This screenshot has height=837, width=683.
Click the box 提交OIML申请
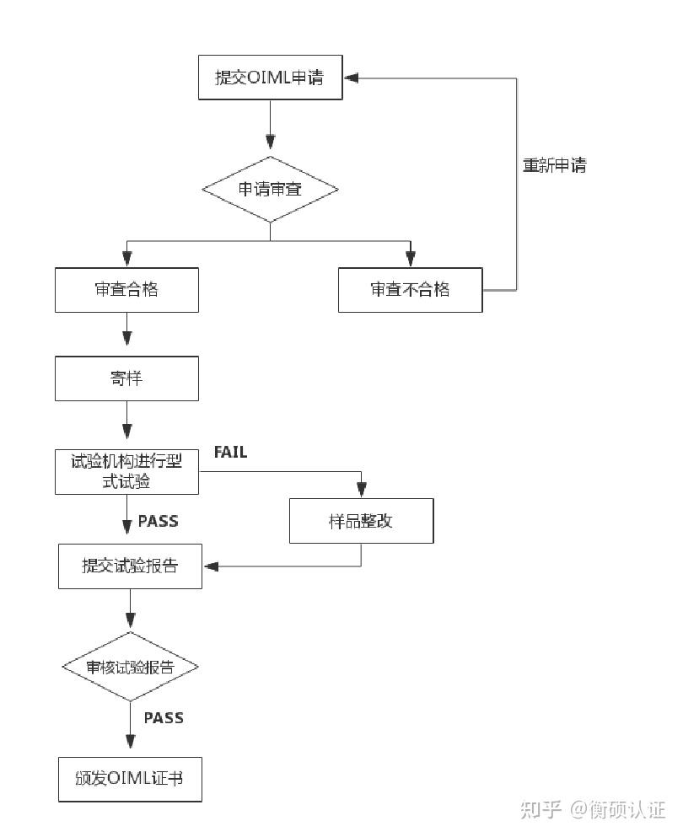(270, 78)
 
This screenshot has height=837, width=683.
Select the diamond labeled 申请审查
(270, 190)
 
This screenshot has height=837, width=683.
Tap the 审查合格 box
(126, 290)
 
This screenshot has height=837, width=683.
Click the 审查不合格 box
(410, 290)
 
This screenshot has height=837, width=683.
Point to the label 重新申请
(554, 166)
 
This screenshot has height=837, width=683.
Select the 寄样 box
(126, 378)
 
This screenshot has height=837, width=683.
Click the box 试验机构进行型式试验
(126, 472)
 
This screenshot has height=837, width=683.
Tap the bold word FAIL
(230, 453)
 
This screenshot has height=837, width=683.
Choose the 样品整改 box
(361, 521)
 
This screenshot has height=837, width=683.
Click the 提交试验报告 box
(130, 566)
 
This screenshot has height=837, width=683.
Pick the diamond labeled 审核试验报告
(130, 667)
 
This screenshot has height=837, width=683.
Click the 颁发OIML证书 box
(130, 779)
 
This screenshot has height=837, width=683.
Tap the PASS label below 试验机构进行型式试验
(158, 521)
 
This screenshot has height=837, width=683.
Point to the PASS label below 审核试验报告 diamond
(163, 718)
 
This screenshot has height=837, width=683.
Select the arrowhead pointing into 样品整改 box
(362, 491)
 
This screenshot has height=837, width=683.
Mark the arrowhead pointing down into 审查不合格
(410, 259)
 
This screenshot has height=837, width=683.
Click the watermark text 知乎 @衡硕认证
(593, 810)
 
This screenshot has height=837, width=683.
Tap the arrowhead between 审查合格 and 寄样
(126, 338)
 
